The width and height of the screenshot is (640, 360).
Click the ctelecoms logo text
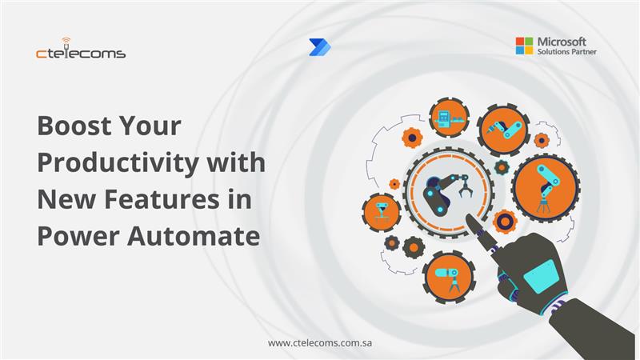coord(81,54)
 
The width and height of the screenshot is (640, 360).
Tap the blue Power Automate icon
coord(319,47)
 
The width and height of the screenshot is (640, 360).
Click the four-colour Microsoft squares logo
coord(524,46)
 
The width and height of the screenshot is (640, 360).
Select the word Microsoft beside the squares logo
coord(562,41)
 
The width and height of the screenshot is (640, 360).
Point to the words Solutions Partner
coord(567,52)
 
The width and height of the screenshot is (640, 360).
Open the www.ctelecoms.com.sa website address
coord(321,342)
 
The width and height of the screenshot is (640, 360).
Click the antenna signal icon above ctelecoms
coord(65,41)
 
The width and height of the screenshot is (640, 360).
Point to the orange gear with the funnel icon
coord(381,210)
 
